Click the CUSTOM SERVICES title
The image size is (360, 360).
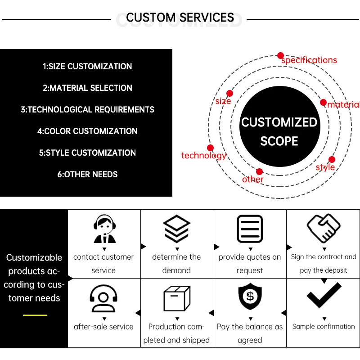[x=180, y=18]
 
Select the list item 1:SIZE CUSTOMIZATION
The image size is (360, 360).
[x=87, y=67]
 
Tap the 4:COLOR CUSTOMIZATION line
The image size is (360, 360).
[x=87, y=131]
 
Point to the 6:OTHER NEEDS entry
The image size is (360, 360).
[x=87, y=175]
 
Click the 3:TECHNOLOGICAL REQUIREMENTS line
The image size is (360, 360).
[x=87, y=110]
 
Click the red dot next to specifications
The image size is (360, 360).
[x=281, y=55]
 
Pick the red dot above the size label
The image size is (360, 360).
[x=229, y=93]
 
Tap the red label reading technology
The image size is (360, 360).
[x=203, y=156]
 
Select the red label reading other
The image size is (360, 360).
[x=253, y=180]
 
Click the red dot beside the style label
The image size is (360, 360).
[x=332, y=159]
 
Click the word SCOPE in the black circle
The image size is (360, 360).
[x=279, y=141]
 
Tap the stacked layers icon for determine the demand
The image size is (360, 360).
[x=176, y=229]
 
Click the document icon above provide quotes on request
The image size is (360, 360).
[x=250, y=229]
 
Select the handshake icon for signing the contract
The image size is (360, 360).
[x=324, y=228]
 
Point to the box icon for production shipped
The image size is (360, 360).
[x=176, y=298]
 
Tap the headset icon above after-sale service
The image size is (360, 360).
[x=103, y=297]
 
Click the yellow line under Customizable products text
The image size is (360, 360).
[x=35, y=315]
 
